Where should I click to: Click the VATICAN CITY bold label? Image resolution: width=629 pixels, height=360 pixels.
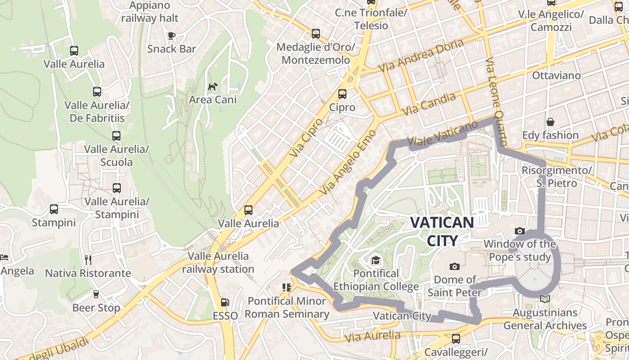point(442,231)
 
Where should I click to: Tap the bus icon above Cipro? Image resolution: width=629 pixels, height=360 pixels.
point(342,94)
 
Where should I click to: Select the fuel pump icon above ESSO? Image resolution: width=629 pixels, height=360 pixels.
point(225,303)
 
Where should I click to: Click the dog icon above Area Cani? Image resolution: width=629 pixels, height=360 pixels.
point(213,86)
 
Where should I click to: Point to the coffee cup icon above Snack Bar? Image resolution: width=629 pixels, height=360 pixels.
point(171,36)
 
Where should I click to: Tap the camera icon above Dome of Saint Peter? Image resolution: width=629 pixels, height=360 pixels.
point(455,266)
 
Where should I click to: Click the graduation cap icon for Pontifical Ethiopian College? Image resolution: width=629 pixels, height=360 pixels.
point(375,260)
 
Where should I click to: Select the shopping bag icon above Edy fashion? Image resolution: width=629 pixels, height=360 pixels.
point(550,122)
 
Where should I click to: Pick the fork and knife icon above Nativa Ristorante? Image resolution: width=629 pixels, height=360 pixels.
point(88,260)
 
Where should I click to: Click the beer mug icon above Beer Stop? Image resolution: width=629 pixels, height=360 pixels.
point(96,294)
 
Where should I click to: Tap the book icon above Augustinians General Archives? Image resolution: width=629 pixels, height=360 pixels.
point(545,299)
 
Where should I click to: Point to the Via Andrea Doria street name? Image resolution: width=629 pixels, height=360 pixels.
point(421,55)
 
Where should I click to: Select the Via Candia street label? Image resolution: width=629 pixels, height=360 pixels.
point(429,104)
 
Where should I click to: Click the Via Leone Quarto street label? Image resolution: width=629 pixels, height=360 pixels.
point(497,101)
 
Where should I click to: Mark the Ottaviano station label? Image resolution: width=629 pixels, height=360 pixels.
point(556,75)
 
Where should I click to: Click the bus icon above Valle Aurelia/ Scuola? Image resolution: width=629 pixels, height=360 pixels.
point(116,135)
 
